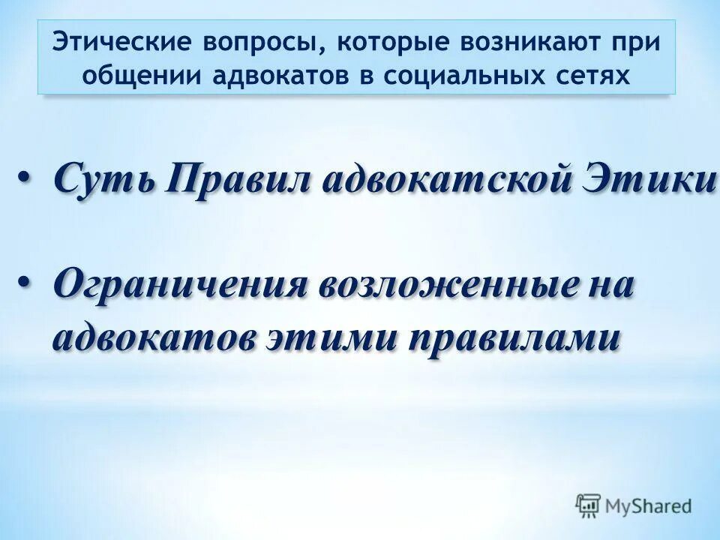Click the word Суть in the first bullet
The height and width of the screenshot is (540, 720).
tap(104, 179)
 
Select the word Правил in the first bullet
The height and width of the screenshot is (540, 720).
tap(237, 179)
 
